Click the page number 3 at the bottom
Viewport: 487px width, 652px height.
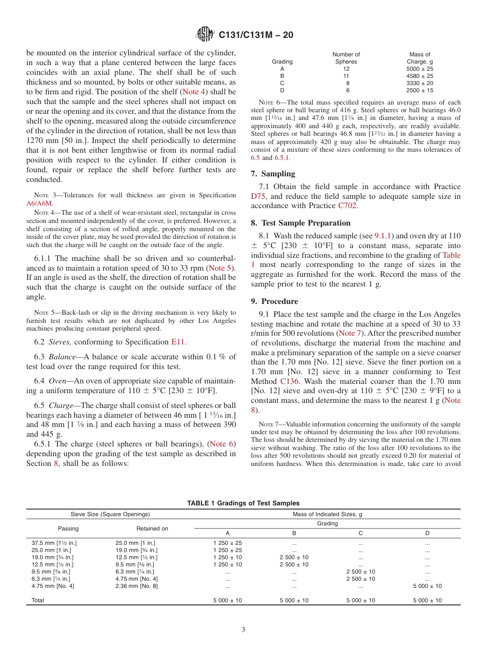tap(243, 630)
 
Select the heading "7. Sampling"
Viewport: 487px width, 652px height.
tap(273, 174)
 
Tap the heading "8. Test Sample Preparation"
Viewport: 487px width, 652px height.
tap(301, 223)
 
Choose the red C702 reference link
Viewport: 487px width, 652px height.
tap(347, 206)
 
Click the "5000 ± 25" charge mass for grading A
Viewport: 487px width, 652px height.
tap(420, 69)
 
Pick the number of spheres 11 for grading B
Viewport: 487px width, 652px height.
tap(346, 76)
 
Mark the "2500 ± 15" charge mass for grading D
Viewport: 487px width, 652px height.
tap(420, 90)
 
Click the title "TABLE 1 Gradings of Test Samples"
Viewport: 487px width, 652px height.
tap(243, 503)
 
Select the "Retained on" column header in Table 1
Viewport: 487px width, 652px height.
tap(152, 528)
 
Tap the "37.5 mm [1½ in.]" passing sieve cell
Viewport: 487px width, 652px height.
tap(54, 542)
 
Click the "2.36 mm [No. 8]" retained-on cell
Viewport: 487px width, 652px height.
tap(136, 586)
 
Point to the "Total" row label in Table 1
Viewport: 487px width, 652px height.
tap(37, 600)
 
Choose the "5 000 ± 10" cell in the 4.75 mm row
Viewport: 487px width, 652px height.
tap(427, 586)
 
